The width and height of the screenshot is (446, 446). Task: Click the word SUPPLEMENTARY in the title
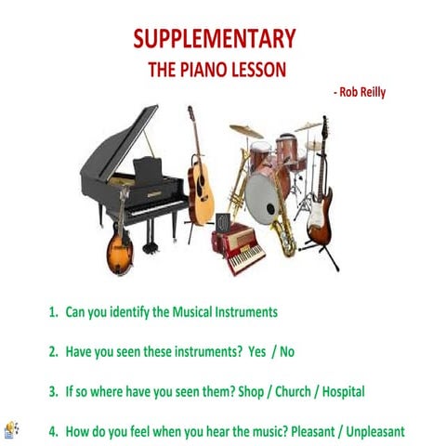[215, 39]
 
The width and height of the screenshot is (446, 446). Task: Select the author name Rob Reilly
[361, 92]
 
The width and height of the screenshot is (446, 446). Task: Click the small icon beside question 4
[12, 430]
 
